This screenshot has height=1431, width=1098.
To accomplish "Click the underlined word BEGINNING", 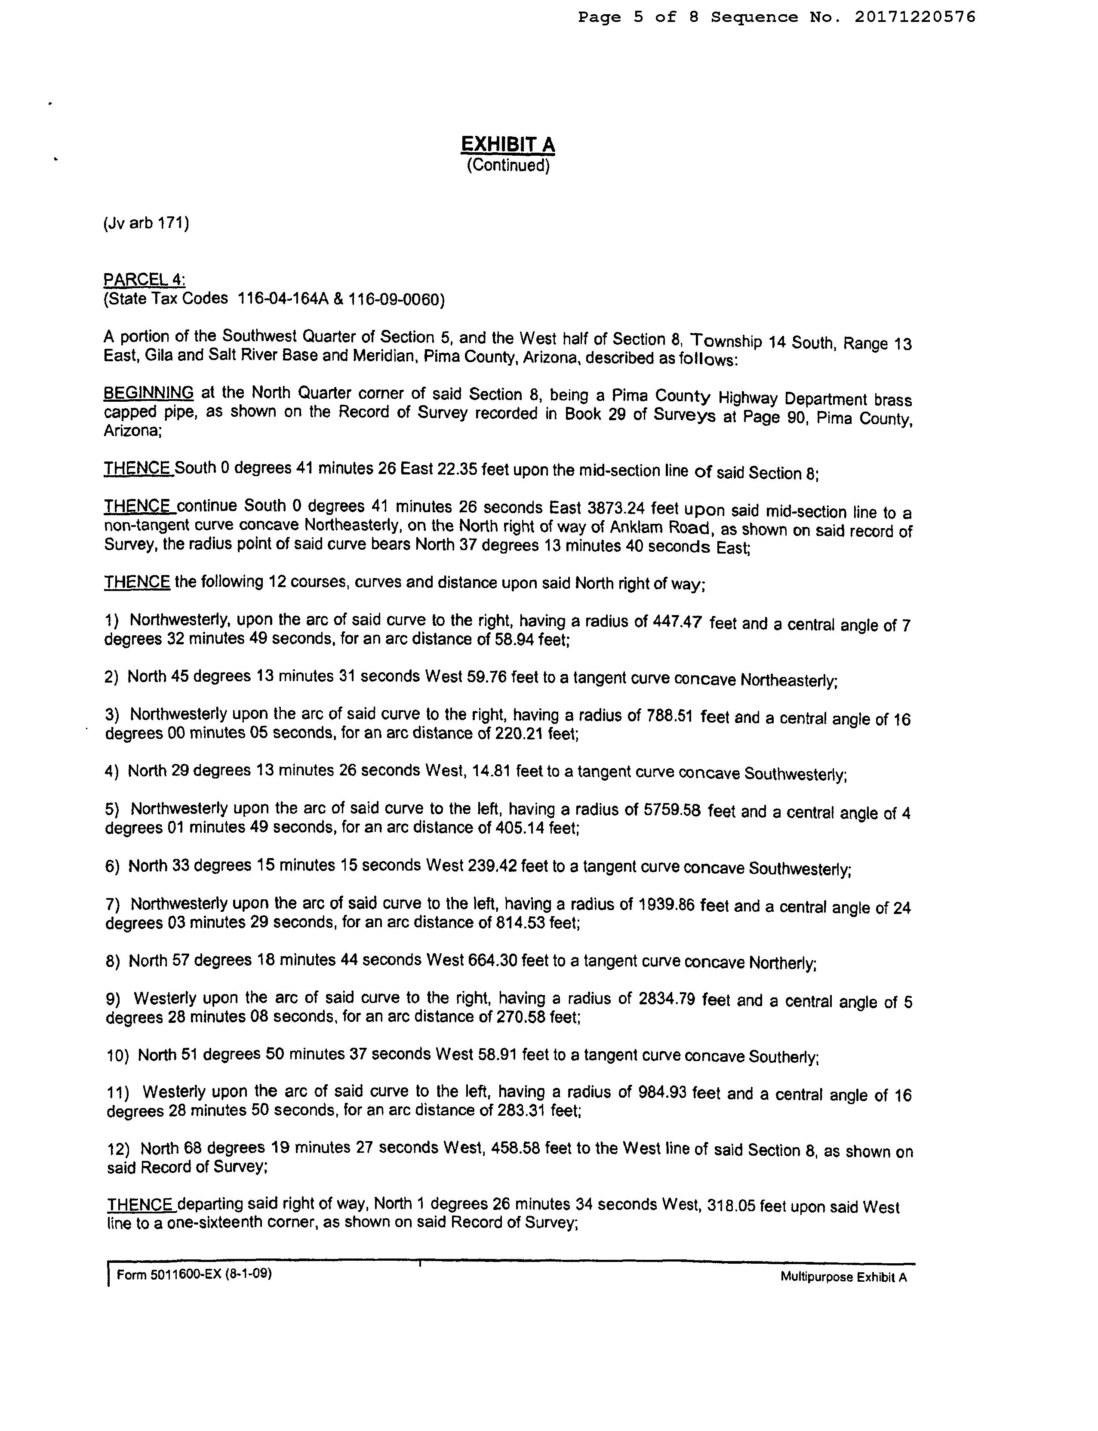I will (149, 393).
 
